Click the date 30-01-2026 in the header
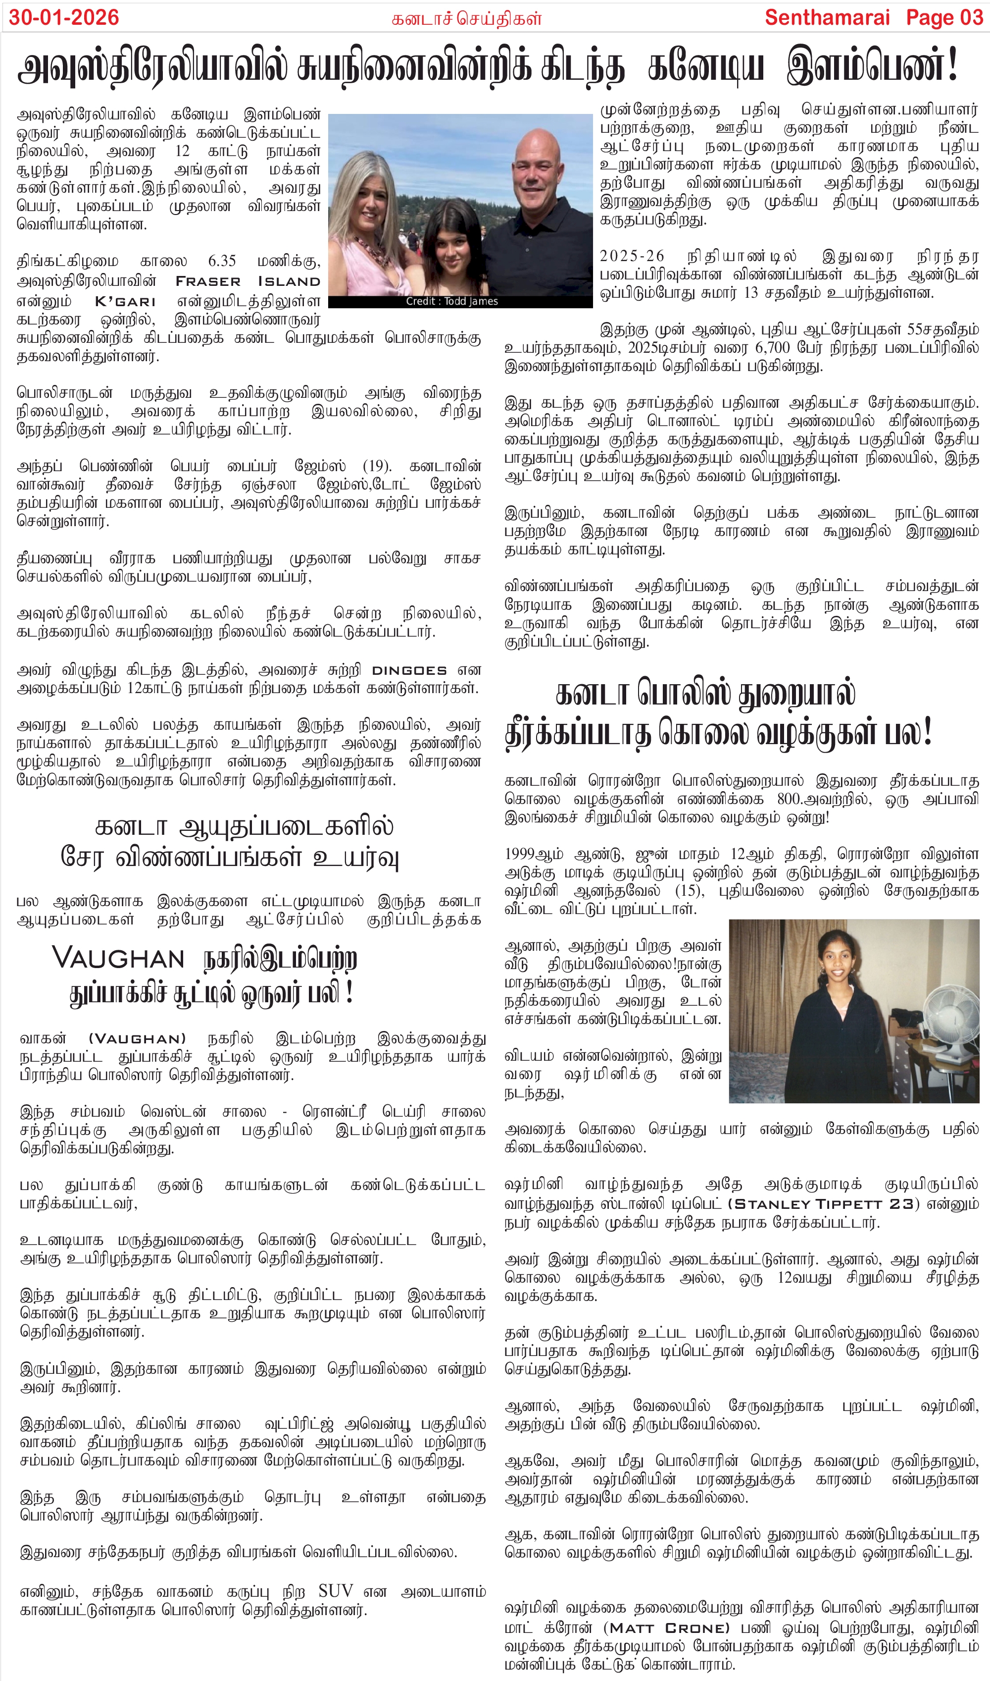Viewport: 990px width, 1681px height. point(64,17)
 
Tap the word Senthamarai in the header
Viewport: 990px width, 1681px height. point(827,17)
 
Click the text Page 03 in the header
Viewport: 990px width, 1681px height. point(944,17)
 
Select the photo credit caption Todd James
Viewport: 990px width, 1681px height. point(451,301)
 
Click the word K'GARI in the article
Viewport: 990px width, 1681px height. point(125,301)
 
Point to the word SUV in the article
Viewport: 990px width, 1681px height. point(336,1591)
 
